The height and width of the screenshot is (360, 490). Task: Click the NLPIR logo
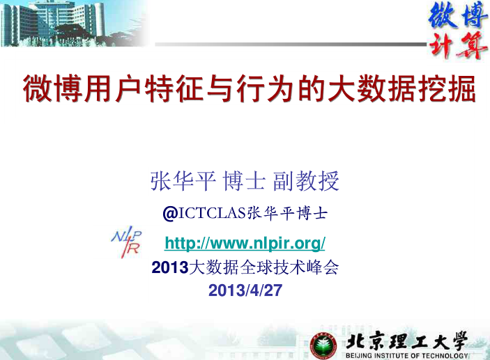click(126, 242)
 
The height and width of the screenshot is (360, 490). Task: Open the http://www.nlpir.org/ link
click(245, 243)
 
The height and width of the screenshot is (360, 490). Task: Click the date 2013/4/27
click(245, 290)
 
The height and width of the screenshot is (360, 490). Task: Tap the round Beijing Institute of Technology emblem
click(323, 345)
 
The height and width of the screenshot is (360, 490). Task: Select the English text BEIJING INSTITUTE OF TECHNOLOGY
click(406, 356)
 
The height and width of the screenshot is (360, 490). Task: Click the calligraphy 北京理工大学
click(406, 341)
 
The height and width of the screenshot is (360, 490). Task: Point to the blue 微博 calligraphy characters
click(457, 15)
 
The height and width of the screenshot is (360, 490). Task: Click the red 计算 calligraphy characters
click(457, 45)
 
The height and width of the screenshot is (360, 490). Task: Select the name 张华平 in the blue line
click(183, 181)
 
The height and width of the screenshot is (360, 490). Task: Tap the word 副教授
click(306, 181)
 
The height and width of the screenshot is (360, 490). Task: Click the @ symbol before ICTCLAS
click(170, 214)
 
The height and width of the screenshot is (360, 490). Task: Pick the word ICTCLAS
click(212, 213)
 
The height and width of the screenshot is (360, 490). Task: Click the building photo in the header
click(73, 24)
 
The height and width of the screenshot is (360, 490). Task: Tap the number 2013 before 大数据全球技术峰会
click(170, 267)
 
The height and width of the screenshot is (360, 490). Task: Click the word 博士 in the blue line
click(244, 181)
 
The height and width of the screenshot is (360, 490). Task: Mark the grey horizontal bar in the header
click(291, 45)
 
